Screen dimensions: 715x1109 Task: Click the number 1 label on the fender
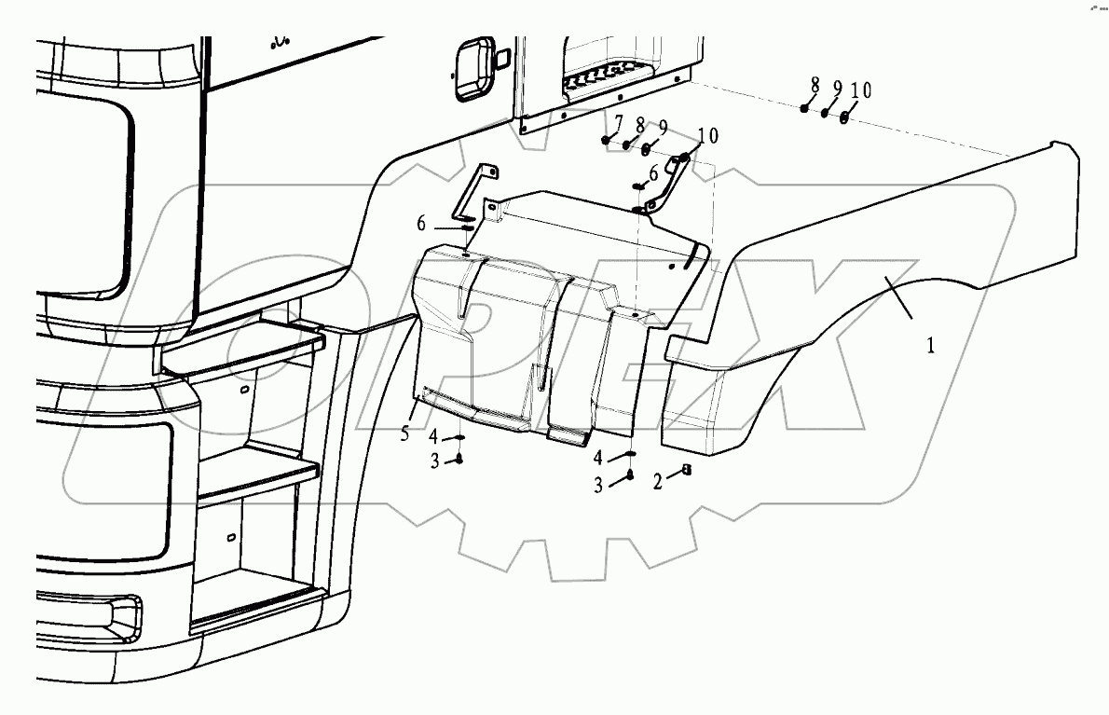tap(930, 345)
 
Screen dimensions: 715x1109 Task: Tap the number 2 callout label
tap(657, 482)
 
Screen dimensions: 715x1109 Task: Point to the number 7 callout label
tap(617, 122)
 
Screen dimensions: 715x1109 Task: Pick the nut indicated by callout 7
tap(606, 140)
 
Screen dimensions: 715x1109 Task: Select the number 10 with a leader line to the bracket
tap(707, 136)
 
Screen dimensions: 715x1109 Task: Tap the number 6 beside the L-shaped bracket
tap(421, 224)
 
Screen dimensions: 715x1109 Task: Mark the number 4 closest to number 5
tap(434, 435)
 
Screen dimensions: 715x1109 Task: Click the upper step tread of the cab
tap(242, 340)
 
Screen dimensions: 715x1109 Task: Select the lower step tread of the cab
tap(252, 480)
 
